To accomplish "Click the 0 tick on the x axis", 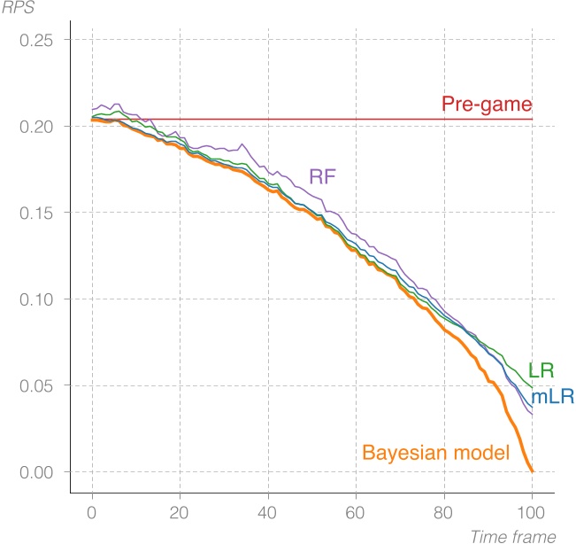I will pos(92,511).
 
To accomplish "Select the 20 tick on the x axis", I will pos(180,511).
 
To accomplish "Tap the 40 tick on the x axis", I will pos(268,511).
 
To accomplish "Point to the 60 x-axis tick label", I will pos(356,511).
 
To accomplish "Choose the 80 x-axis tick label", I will pos(444,511).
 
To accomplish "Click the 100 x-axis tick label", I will pos(532,511).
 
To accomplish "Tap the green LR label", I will pos(541,370).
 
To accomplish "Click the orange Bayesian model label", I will pos(436,453).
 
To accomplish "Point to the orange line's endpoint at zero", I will pos(532,471).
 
